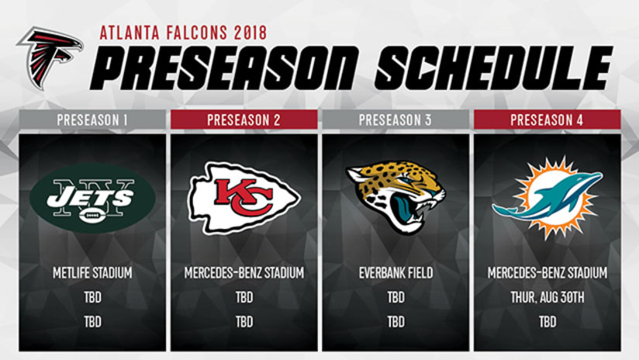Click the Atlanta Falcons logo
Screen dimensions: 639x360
50,57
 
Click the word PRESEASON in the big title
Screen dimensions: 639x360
225,67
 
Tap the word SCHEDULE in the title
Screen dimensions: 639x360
494,67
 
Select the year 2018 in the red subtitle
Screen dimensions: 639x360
250,33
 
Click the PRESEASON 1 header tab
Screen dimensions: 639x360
92,119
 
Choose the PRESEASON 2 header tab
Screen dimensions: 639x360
244,119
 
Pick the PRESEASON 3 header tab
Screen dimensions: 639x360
395,119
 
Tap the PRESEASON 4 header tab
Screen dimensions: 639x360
547,119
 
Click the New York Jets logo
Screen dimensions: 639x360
92,198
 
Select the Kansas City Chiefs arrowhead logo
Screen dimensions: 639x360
244,198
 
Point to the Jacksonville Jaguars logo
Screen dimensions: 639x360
395,196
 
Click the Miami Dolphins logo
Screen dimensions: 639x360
547,197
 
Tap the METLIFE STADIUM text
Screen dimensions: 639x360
92,272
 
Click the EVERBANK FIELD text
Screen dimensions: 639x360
395,272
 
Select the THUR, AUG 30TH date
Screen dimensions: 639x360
547,297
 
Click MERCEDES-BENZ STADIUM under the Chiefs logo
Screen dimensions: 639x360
244,272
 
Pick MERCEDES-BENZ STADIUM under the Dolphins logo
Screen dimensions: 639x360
547,272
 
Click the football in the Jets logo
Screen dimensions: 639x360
92,215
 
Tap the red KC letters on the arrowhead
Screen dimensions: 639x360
244,197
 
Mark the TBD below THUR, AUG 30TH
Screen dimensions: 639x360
547,322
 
